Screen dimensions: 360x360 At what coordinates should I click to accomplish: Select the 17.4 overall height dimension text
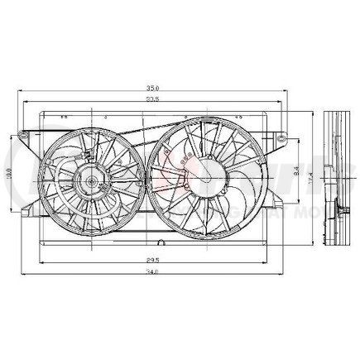[x=310, y=175]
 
